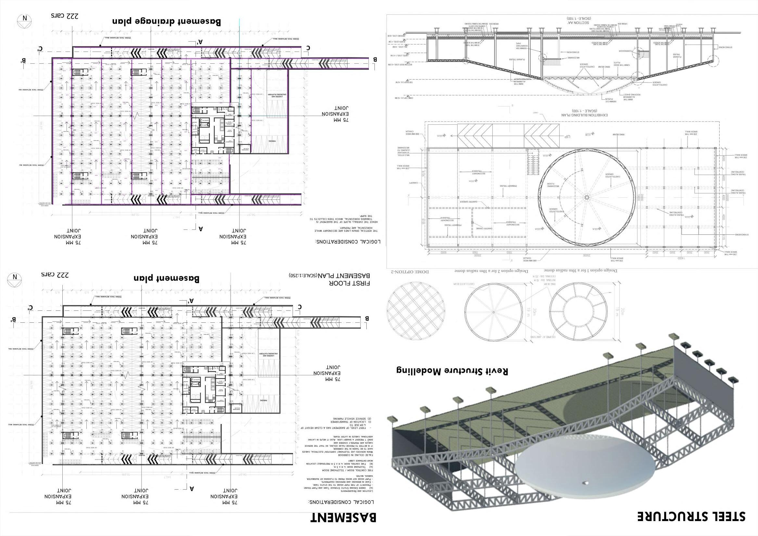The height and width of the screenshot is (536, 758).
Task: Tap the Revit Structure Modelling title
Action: (x=452, y=371)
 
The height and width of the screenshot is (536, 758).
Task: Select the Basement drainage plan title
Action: (x=167, y=22)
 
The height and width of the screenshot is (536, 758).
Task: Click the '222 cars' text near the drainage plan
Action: (x=64, y=16)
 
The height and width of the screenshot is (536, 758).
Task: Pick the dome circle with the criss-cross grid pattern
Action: (x=416, y=312)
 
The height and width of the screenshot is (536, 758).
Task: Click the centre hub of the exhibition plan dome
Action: (x=586, y=197)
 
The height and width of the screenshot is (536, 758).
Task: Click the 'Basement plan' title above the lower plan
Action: (x=167, y=278)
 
